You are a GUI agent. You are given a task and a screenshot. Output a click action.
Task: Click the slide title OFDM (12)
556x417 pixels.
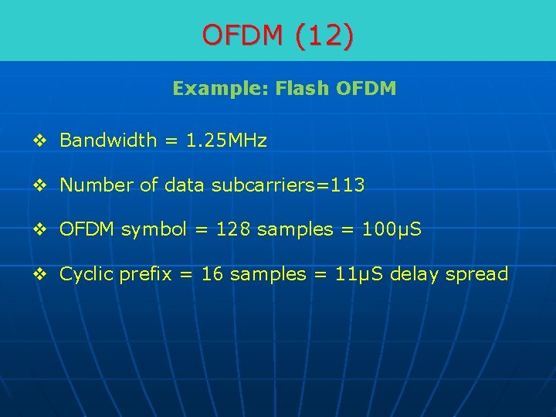point(278,35)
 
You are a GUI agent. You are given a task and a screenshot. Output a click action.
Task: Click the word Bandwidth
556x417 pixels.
point(107,141)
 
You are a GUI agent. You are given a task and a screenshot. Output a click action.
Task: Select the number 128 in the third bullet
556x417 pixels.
point(233,230)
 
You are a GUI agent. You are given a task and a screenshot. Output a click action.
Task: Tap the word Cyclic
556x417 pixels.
point(86,274)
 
